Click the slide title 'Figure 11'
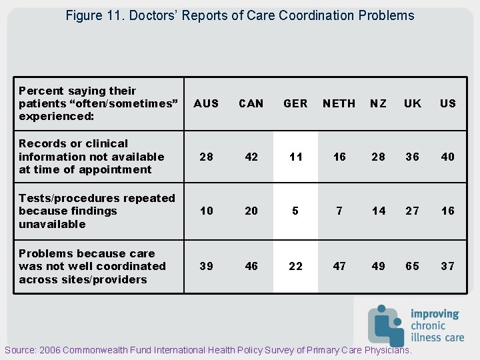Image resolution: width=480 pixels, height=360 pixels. point(240,15)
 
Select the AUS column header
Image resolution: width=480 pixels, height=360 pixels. point(206,103)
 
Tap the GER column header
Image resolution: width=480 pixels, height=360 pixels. point(295,103)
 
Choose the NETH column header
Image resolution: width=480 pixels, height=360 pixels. point(339,103)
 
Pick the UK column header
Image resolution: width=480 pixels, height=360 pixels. point(413,103)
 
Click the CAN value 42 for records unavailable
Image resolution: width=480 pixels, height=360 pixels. point(251,157)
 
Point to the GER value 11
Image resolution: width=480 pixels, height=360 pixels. point(295,157)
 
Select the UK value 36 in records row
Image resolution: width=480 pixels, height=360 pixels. point(413,157)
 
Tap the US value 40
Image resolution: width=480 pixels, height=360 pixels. point(448,157)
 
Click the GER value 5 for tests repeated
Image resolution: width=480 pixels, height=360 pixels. point(295,211)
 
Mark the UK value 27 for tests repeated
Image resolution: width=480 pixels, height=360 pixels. point(413,211)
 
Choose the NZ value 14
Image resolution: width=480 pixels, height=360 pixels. point(379,211)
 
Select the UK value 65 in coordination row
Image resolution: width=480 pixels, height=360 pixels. point(413,266)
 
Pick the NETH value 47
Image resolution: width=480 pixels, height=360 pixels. point(339,266)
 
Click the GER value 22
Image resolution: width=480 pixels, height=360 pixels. point(295,266)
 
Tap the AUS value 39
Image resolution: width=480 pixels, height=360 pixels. point(207,266)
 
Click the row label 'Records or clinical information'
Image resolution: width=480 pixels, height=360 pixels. point(91,157)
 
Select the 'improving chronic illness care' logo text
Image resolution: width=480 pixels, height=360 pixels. point(437,325)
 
